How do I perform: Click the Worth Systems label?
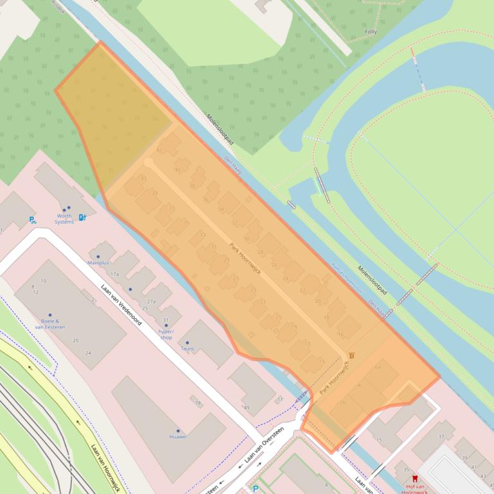[x=64, y=219]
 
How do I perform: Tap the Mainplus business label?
[x=98, y=263]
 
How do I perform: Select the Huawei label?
[x=178, y=437]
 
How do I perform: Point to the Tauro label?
[x=187, y=348]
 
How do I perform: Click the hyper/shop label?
[x=166, y=334]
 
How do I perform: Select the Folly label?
[x=371, y=31]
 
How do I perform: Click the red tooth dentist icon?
[x=414, y=479]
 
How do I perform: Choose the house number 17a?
[x=114, y=274]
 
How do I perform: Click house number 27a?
[x=152, y=301]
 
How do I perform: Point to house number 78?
[x=198, y=403]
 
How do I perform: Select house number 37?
[x=441, y=436]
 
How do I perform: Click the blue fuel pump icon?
[x=82, y=217]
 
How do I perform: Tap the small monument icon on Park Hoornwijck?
[x=351, y=355]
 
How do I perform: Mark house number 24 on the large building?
[x=88, y=353]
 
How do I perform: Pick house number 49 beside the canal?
[x=246, y=408]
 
